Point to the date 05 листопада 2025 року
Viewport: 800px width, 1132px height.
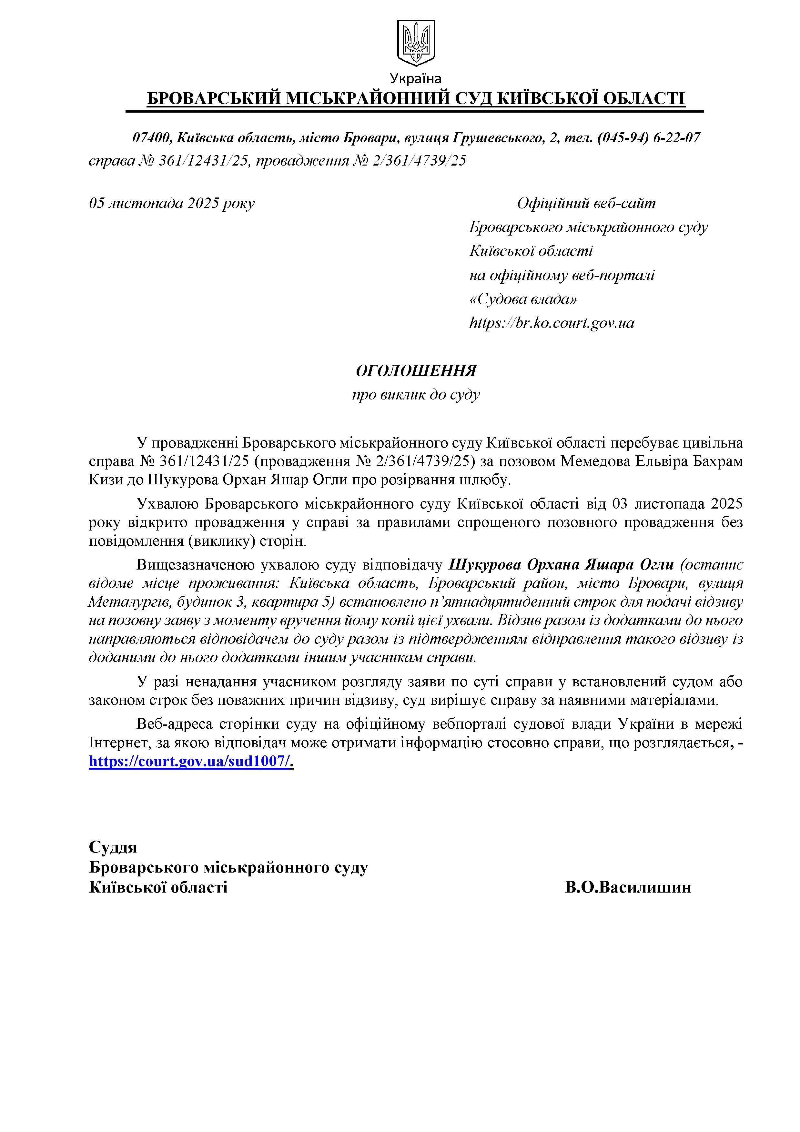point(172,203)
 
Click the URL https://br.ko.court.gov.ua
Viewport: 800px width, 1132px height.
point(552,323)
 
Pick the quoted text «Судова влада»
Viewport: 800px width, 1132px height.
point(523,299)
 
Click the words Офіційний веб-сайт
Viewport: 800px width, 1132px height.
point(587,203)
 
